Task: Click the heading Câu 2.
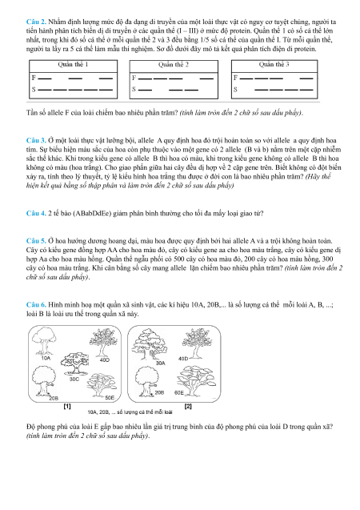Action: coord(36,22)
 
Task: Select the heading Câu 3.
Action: coord(36,141)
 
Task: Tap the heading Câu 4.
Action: coord(36,213)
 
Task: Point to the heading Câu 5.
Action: coord(36,241)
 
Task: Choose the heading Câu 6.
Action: coord(36,305)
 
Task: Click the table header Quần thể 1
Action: coord(73,64)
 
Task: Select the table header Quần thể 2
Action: coord(174,65)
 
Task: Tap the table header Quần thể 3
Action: coord(274,64)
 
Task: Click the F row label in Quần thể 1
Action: coord(34,78)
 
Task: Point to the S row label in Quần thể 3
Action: coord(235,90)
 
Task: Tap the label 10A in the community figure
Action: coord(46,358)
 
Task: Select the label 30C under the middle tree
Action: coord(74,379)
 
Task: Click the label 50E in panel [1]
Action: coord(110,397)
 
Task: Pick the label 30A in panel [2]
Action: coord(161,363)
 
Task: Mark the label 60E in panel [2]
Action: coord(179,392)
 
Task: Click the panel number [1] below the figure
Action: coord(67,406)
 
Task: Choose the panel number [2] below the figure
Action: coord(188,406)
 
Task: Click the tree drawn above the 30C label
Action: coord(75,363)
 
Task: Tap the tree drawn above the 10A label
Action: coord(44,341)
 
